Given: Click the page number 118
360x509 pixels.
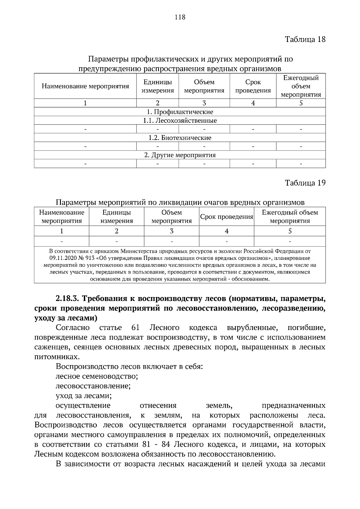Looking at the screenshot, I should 180,17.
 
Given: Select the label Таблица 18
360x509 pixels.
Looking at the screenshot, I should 305,39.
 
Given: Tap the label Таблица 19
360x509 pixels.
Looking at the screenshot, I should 305,183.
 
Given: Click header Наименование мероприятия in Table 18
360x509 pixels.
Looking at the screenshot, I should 85,86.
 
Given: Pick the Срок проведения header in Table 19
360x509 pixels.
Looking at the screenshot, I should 226,217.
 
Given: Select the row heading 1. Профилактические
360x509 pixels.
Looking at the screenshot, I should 180,112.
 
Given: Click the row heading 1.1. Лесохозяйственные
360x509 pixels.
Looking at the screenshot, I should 180,121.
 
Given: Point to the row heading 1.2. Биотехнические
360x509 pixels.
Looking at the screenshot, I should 180,138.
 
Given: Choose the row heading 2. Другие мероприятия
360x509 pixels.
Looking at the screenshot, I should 180,155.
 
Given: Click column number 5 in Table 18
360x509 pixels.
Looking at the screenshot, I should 301,103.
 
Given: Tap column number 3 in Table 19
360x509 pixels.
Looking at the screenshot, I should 172,231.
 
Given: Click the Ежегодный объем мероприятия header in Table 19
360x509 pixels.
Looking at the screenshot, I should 290,217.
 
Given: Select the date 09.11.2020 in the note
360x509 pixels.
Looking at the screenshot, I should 61,258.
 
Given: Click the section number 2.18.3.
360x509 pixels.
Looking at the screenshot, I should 67,299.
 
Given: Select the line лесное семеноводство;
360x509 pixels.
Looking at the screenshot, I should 97,376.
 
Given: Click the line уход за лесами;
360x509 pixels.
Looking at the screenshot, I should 84,396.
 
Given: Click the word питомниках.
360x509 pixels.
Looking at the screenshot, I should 53,357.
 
